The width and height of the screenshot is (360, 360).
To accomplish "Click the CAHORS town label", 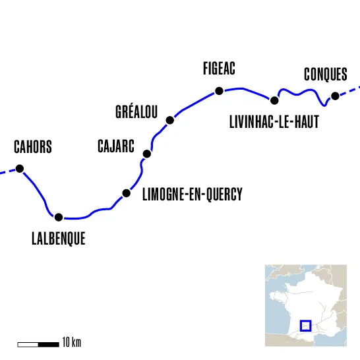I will (32, 147).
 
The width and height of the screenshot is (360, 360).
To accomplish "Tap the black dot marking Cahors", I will (20, 169).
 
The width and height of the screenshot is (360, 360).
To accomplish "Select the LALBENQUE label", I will (58, 239).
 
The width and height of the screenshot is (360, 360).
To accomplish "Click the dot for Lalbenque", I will (59, 217).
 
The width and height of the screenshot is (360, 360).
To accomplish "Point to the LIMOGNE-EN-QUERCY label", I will (193, 195).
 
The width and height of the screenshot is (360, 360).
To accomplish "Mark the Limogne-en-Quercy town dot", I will (126, 193).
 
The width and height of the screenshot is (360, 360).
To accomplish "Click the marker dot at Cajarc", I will (147, 154).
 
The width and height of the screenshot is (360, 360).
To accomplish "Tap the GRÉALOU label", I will (136, 111).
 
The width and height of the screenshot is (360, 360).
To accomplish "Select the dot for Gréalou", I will (170, 120).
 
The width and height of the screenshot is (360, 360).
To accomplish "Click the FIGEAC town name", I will (220, 69).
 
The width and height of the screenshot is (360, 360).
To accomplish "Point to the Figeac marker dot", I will (218, 91).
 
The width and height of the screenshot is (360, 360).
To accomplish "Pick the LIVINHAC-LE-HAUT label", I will (274, 123).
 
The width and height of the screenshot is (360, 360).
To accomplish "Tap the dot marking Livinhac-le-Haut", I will (274, 100).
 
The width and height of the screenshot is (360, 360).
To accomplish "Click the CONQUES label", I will (325, 75).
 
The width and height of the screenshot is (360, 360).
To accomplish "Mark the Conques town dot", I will (335, 96).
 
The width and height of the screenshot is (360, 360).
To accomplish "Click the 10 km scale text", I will (71, 344).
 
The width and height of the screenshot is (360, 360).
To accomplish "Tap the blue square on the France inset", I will (305, 325).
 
